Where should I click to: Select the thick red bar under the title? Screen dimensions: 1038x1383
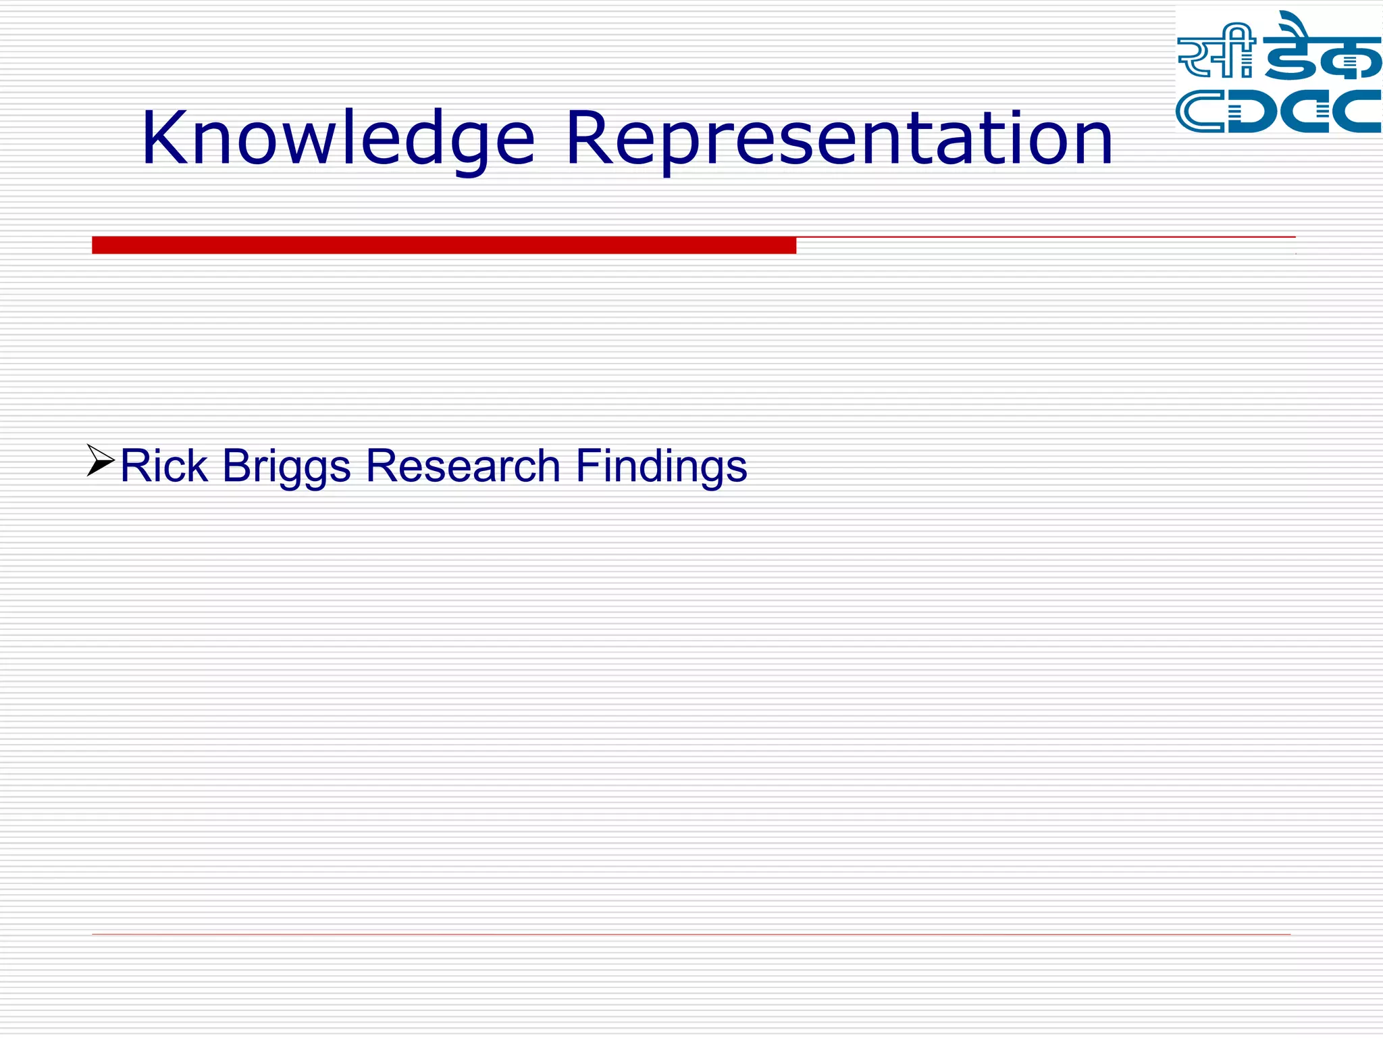click(x=444, y=245)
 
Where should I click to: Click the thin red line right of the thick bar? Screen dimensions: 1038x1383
click(x=1045, y=237)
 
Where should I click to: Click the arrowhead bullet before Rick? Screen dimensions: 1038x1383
click(x=101, y=460)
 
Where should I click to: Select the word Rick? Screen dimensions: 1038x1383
click(x=163, y=466)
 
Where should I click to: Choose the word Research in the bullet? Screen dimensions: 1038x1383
click(x=463, y=466)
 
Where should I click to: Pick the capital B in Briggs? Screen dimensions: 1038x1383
click(x=236, y=466)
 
